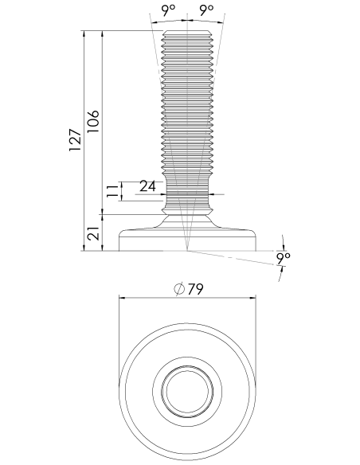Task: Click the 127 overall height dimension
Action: point(75,140)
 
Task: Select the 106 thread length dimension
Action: point(93,122)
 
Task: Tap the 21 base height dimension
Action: point(93,233)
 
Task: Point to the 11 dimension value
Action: point(112,191)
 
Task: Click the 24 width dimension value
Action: point(147,186)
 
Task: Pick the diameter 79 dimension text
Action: point(189,289)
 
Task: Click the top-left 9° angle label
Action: point(168,10)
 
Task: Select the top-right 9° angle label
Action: point(206,10)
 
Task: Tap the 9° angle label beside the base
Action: point(283,259)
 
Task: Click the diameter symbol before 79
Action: point(179,290)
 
